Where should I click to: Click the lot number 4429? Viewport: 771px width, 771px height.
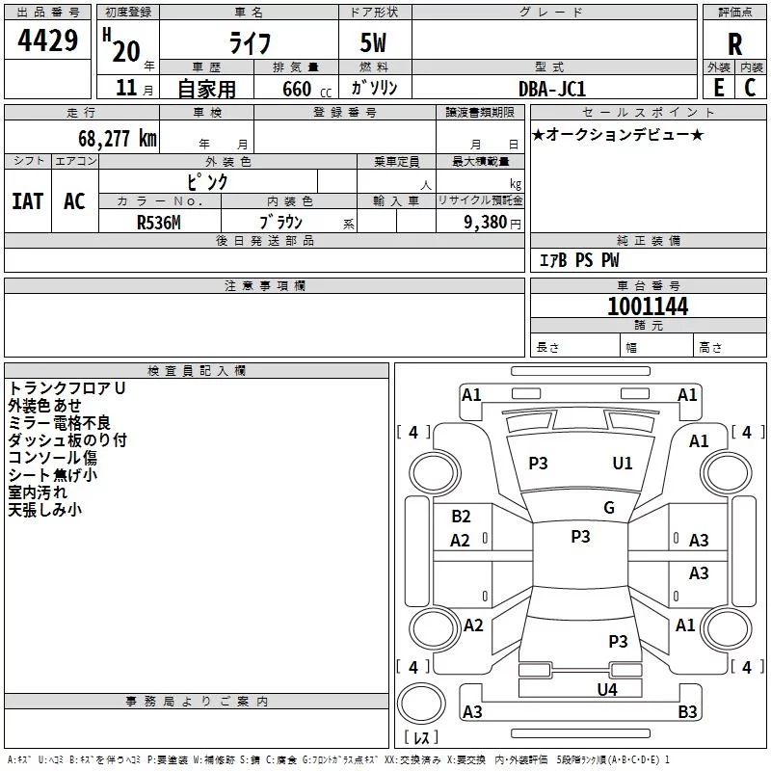(48, 41)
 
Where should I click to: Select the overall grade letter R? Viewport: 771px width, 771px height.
(734, 43)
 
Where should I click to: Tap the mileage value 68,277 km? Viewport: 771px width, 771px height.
(117, 138)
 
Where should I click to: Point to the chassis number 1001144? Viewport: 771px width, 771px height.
(648, 306)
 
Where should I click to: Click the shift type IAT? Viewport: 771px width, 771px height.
(27, 200)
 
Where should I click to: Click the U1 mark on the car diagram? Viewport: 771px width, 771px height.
(623, 464)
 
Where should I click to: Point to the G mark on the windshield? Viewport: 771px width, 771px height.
(608, 508)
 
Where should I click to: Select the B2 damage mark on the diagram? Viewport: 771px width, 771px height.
(461, 517)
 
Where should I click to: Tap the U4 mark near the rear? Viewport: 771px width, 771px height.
(606, 689)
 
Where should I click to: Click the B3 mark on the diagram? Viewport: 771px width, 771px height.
(687, 712)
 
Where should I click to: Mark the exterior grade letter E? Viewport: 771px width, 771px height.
(718, 88)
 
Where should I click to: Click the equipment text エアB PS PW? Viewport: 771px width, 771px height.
(578, 260)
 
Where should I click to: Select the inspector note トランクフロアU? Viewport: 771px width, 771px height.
(66, 388)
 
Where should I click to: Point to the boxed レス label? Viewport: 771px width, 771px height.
(421, 738)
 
